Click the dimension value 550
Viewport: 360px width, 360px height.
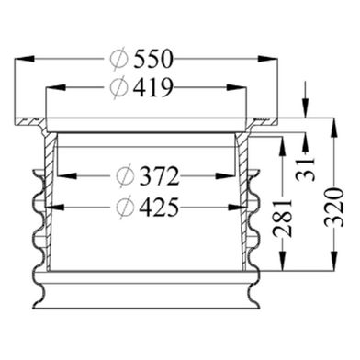click(153, 59)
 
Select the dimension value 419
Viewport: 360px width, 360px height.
click(153, 88)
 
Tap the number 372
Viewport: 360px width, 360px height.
click(159, 176)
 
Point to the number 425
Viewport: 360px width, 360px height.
click(159, 208)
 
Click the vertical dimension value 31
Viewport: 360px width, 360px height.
click(305, 169)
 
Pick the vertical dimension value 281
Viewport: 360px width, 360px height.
click(283, 219)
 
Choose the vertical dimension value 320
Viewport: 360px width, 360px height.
click(334, 208)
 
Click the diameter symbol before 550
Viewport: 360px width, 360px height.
click(118, 60)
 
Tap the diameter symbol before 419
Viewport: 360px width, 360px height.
click(118, 88)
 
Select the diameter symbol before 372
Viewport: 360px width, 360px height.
click(125, 176)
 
